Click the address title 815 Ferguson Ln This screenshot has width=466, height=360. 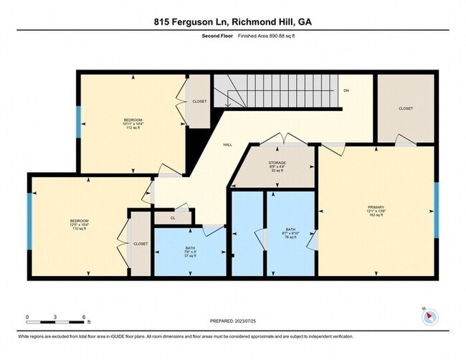pyautogui.click(x=232, y=22)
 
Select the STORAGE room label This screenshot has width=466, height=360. pyautogui.click(x=277, y=163)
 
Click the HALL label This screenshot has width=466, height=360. pyautogui.click(x=227, y=145)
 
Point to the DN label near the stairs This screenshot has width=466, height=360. pyautogui.click(x=346, y=91)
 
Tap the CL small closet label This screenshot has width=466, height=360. pyautogui.click(x=173, y=218)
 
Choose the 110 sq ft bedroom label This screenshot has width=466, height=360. pyautogui.click(x=80, y=222)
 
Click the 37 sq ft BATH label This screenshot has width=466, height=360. pyautogui.click(x=190, y=252)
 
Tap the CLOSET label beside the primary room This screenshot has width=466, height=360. pyautogui.click(x=406, y=108)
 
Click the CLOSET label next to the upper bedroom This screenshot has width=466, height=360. pyautogui.click(x=199, y=101)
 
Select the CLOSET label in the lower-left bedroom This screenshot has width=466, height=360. pyautogui.click(x=141, y=244)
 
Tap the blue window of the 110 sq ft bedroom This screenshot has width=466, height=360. pyautogui.click(x=29, y=222)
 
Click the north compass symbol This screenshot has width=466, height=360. pyautogui.click(x=429, y=315)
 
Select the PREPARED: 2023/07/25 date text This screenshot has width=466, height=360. pyautogui.click(x=234, y=321)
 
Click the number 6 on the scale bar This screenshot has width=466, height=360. pyautogui.click(x=84, y=316)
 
